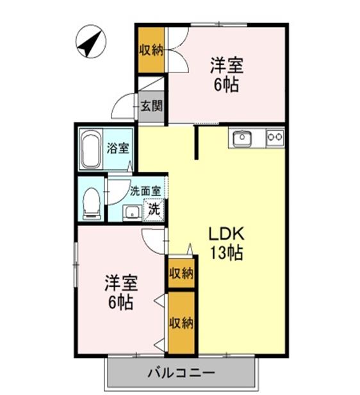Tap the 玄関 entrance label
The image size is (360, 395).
[151, 106]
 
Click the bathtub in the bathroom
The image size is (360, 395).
[92, 149]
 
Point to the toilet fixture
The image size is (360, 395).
[92, 201]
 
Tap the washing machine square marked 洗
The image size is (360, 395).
[154, 208]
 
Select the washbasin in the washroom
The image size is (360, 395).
[132, 212]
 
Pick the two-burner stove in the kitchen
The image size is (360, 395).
[275, 137]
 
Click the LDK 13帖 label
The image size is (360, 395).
[226, 242]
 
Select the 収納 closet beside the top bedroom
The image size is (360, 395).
[151, 49]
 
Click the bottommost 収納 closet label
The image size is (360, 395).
[181, 323]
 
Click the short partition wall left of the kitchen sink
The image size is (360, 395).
[197, 142]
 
